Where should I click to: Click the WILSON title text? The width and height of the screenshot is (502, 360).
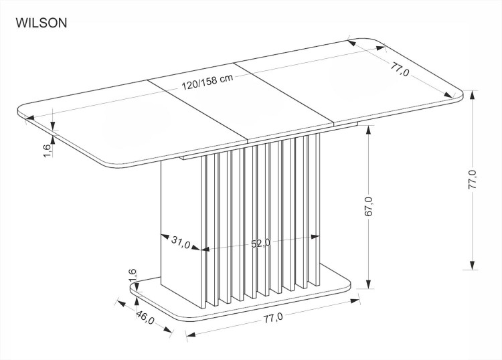(41, 23)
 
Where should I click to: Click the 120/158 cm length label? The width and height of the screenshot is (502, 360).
(207, 82)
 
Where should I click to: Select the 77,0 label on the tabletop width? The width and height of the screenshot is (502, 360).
(400, 70)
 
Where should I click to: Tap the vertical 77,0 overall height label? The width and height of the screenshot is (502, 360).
(473, 179)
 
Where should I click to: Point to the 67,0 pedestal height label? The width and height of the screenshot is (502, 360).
(369, 206)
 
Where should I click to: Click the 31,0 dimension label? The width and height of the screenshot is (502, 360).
(180, 242)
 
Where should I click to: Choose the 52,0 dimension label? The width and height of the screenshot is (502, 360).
(260, 244)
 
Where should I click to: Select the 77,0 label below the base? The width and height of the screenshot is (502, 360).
(273, 318)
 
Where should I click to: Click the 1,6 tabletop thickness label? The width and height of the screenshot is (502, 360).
(46, 151)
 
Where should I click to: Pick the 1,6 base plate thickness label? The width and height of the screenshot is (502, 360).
(133, 276)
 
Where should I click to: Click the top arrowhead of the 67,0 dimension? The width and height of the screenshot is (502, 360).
(369, 130)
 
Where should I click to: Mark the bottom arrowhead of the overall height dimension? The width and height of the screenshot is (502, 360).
(473, 265)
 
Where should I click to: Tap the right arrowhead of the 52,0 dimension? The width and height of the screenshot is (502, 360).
(315, 236)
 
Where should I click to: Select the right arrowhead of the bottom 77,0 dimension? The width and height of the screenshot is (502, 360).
(355, 300)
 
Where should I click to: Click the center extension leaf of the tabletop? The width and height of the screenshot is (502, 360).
(242, 102)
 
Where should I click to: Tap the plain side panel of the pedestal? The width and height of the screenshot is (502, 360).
(181, 233)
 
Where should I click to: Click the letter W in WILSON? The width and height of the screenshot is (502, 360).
(21, 23)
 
